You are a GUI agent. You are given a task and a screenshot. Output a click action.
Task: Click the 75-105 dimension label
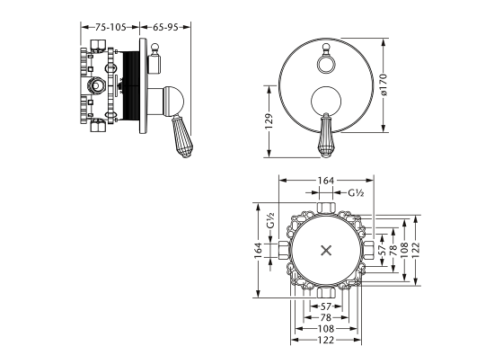(x=110, y=27)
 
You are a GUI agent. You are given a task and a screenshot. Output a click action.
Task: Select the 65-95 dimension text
(x=165, y=27)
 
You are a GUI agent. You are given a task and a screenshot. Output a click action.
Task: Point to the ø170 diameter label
(x=384, y=84)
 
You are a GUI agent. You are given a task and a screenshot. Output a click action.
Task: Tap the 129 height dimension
(x=269, y=121)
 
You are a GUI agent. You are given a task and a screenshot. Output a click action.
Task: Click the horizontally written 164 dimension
(x=326, y=181)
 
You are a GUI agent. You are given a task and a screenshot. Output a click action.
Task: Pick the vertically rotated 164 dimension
(x=259, y=250)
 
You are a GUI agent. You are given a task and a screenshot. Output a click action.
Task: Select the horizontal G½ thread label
(x=356, y=193)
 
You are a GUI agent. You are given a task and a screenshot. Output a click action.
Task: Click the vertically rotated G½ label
(x=271, y=220)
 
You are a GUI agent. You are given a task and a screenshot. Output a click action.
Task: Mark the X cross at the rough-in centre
(x=326, y=251)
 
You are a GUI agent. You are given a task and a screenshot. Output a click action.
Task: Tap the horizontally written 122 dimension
(x=326, y=340)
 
